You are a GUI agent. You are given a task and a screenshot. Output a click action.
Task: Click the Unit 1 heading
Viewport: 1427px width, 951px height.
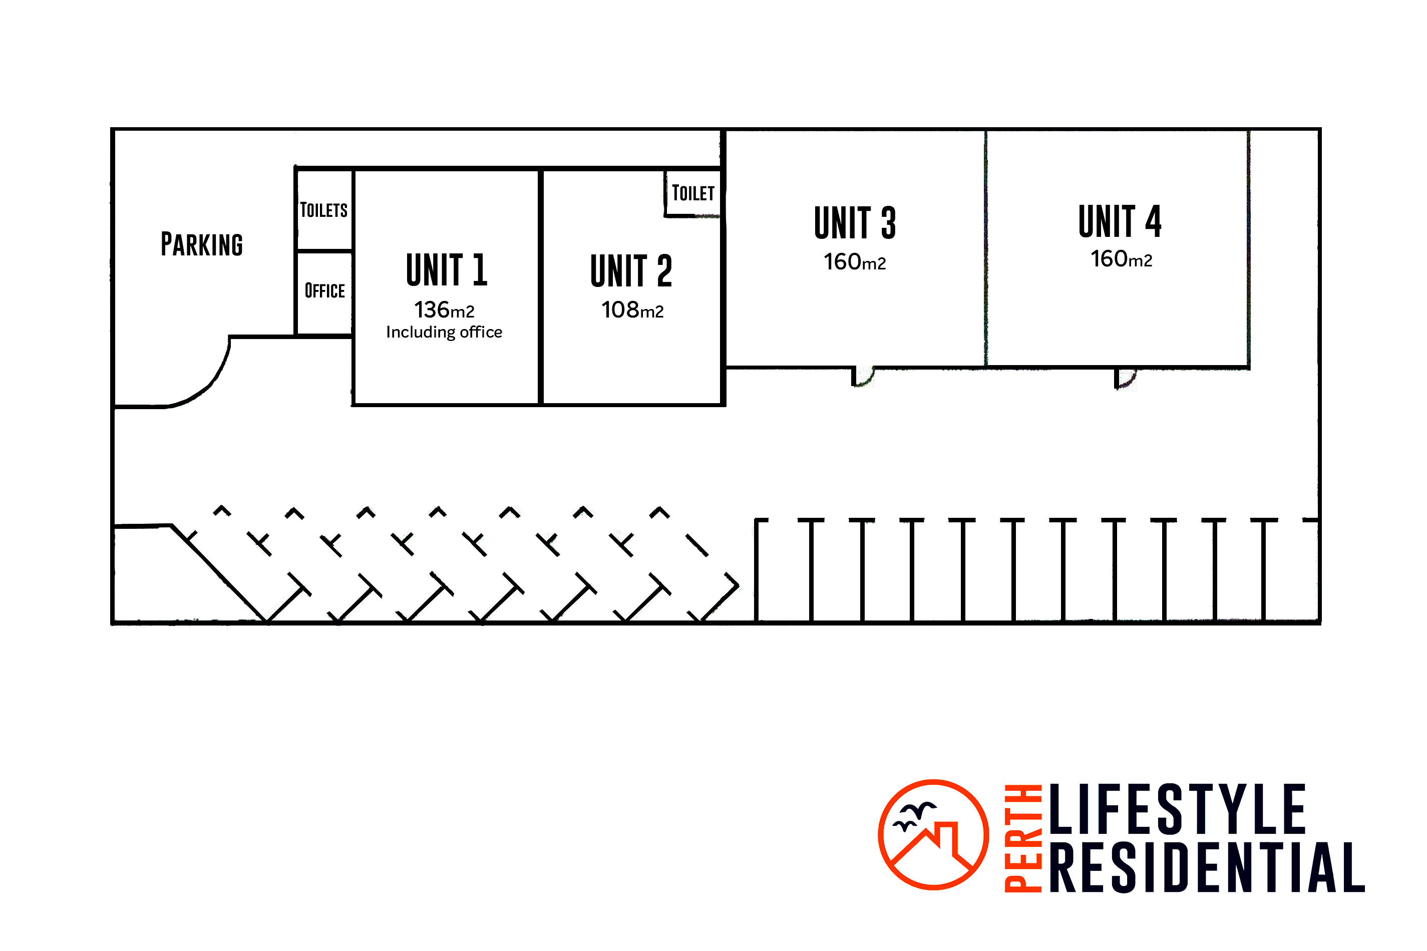point(446,269)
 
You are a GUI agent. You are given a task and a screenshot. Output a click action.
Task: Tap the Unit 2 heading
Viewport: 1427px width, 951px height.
point(631,270)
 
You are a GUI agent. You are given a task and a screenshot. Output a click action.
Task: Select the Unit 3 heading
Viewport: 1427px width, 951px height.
point(855,222)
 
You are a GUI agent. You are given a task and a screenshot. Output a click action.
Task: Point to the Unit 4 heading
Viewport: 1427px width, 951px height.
point(1120,221)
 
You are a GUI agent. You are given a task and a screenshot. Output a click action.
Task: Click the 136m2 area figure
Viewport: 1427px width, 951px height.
point(444,310)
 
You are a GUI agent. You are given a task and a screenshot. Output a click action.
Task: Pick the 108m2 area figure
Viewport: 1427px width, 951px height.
point(632,310)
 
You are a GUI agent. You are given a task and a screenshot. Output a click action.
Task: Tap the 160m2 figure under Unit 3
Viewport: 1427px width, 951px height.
point(855,262)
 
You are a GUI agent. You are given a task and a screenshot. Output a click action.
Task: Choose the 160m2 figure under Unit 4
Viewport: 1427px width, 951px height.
point(1121,259)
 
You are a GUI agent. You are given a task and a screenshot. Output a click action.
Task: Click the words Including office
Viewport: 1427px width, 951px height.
point(444,332)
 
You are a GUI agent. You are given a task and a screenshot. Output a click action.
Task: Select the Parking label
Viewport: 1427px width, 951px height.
point(202,244)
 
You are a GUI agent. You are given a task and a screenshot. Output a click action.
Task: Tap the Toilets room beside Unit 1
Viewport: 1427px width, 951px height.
point(324,210)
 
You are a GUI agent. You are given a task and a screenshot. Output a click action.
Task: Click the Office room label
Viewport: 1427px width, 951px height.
point(324,290)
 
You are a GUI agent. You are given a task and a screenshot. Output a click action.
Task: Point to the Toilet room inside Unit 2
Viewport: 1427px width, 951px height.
point(693,193)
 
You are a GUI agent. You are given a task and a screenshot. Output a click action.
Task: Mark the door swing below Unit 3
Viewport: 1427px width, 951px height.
point(862,376)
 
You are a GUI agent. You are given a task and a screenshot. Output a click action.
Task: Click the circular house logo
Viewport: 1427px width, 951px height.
point(933,834)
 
